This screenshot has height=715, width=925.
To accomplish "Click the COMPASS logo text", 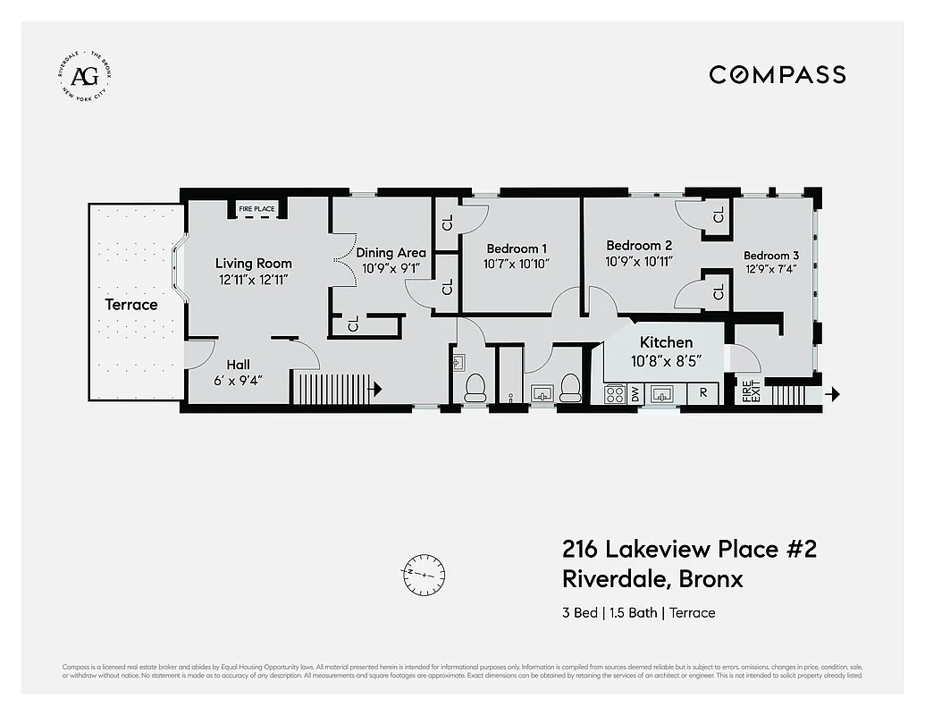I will pos(777,74).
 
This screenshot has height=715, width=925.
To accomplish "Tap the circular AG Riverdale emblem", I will pos(84,75).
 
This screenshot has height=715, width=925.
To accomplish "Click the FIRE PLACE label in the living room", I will pos(256,209).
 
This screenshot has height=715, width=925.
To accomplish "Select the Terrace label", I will pos(131,305).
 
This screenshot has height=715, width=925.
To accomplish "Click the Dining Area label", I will pos(391,252).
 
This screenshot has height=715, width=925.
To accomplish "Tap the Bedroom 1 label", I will pos(517,248).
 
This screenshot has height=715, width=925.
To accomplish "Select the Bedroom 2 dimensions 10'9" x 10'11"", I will pos(639,261).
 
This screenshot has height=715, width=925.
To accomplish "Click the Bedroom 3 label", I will pos(771,256).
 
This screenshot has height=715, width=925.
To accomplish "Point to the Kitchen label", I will pos(666,342).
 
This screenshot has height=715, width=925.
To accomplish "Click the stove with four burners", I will pos(615,393).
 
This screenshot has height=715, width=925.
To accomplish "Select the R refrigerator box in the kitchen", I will pos(703,393).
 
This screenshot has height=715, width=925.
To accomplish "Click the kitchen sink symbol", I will pos(663,393).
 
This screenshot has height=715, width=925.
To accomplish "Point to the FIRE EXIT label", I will pos(748,392).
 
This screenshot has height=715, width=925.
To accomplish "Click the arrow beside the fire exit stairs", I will pos(833,393).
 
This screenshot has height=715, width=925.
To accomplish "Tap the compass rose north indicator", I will pos(424,572).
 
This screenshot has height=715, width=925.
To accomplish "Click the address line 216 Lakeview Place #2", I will pos(689,549).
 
